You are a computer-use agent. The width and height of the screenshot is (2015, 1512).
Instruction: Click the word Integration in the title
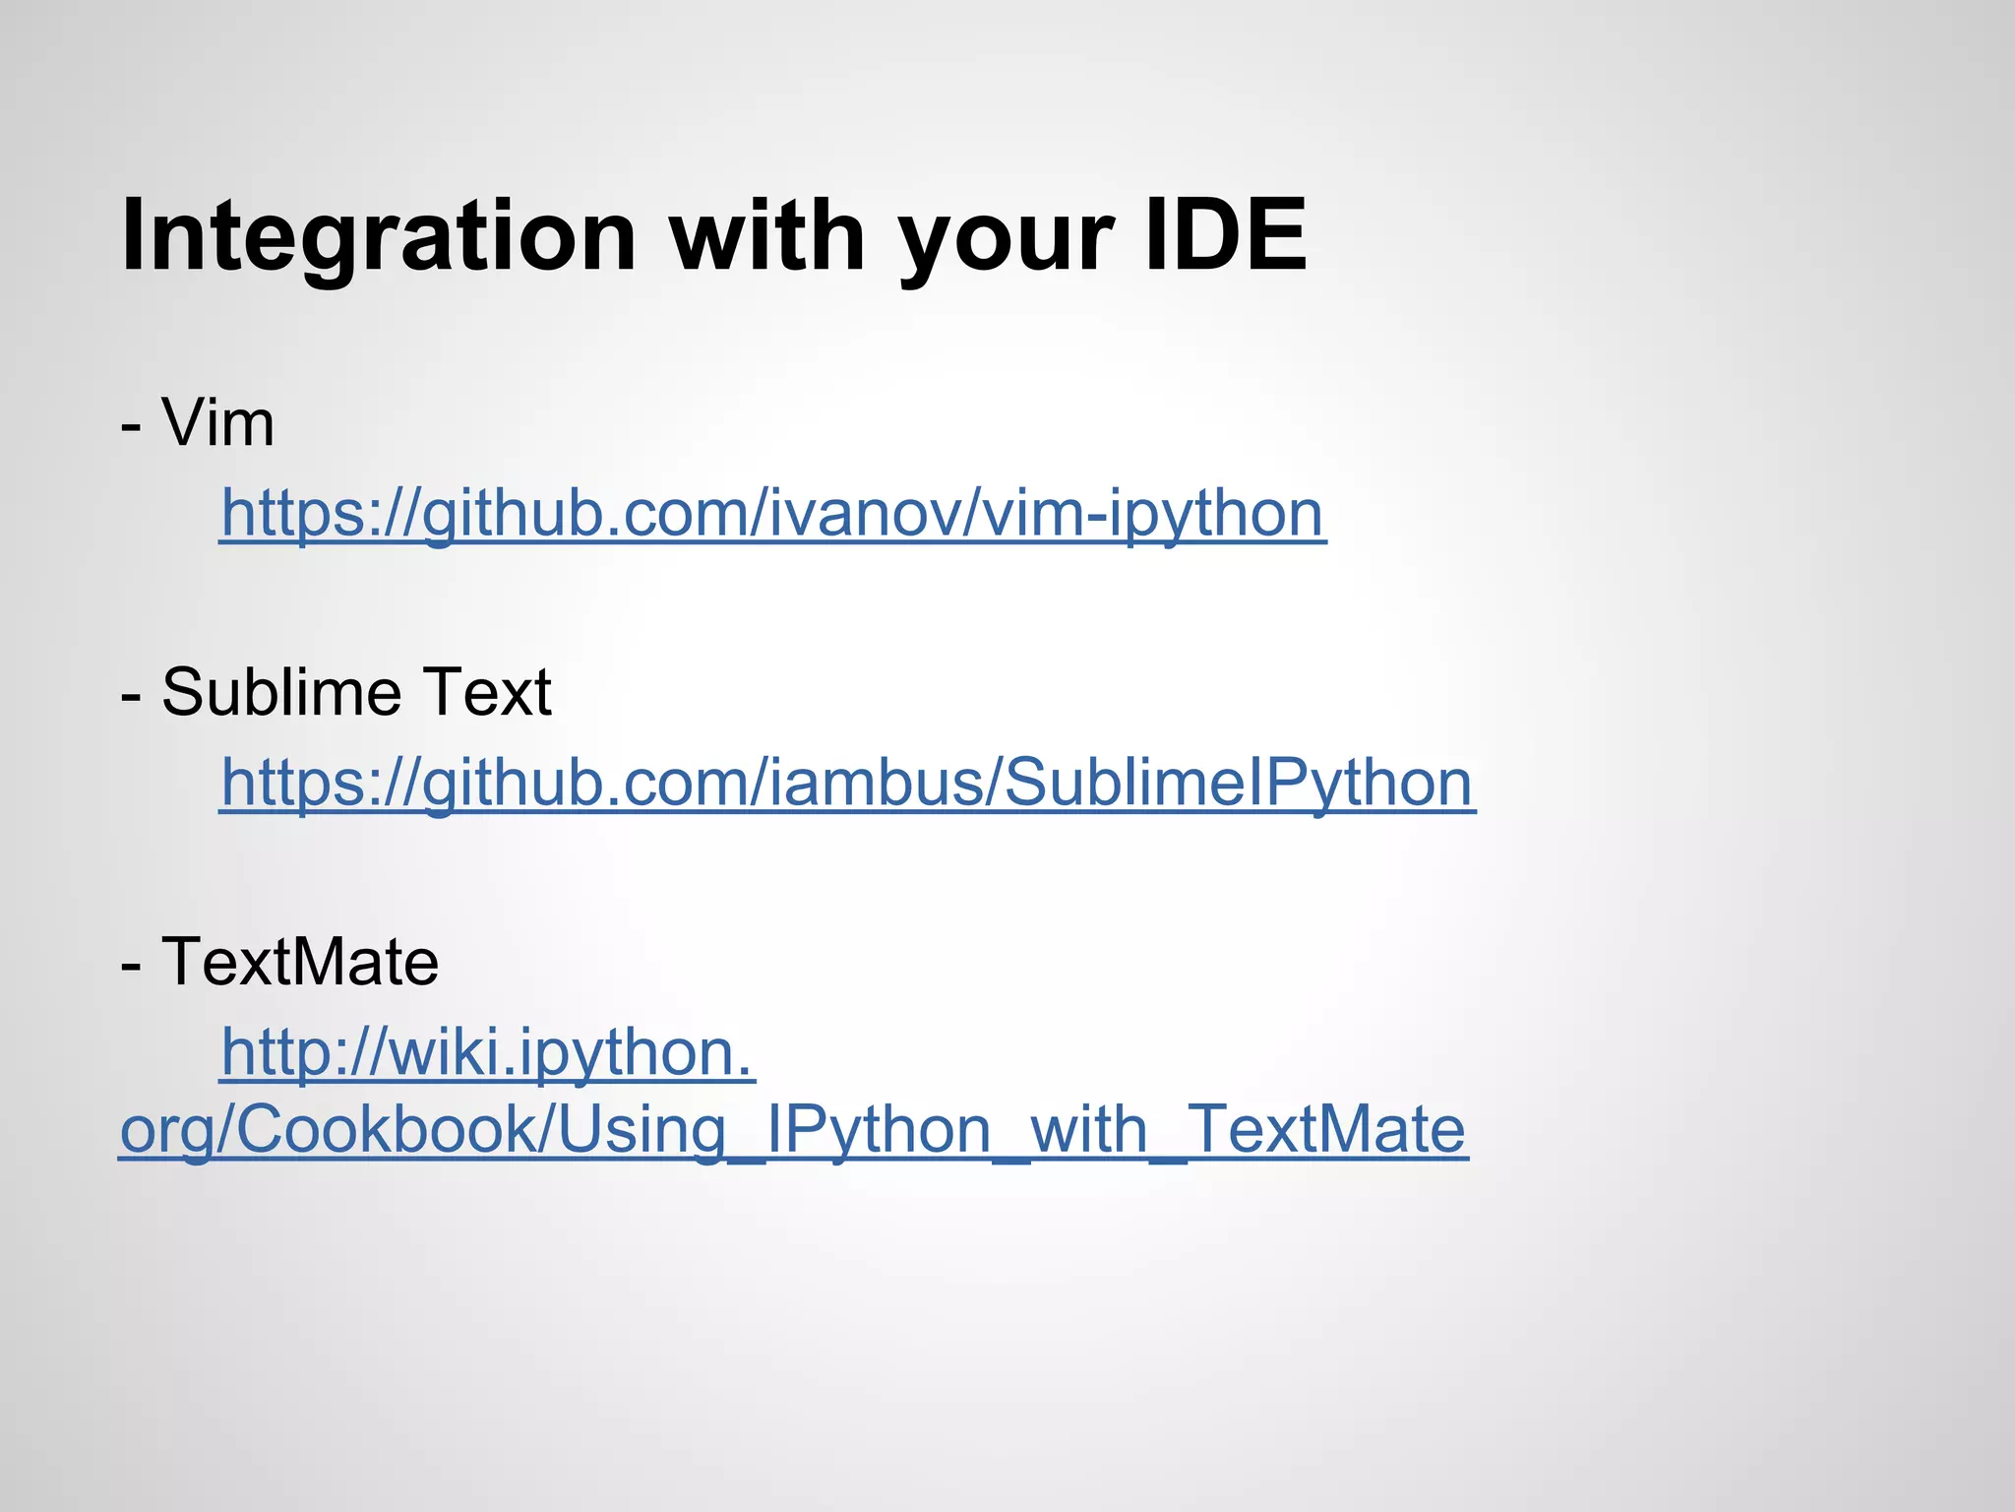(379, 236)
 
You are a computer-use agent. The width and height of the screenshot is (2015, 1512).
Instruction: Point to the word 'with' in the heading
(767, 236)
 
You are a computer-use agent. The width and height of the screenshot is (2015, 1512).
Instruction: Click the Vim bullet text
(217, 423)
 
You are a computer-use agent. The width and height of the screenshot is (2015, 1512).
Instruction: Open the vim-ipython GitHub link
(772, 513)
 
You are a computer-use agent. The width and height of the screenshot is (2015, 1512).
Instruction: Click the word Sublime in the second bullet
(281, 691)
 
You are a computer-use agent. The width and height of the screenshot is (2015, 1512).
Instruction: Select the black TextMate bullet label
(300, 961)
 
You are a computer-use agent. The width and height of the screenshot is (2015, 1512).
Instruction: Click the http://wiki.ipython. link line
(487, 1052)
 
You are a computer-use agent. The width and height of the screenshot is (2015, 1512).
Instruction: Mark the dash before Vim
(131, 427)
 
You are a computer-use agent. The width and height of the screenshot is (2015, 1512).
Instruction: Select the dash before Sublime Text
(131, 696)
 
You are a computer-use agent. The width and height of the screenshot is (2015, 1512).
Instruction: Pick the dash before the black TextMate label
(131, 965)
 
